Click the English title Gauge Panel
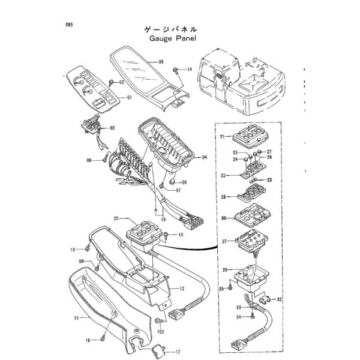tap(173, 38)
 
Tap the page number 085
tap(69, 25)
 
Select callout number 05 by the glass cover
tap(161, 62)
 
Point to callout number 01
tap(130, 98)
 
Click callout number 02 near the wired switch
tap(112, 128)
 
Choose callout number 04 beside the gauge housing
tap(204, 157)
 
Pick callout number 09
tap(184, 182)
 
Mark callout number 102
tap(161, 332)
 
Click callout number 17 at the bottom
tap(178, 352)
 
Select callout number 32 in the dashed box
tap(279, 299)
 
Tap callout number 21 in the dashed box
tap(222, 137)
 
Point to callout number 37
tap(224, 241)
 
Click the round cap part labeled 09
tap(172, 182)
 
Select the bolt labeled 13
tap(87, 248)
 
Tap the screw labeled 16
tap(103, 338)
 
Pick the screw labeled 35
tap(230, 286)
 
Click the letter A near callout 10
tap(155, 210)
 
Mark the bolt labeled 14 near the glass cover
tap(176, 70)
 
